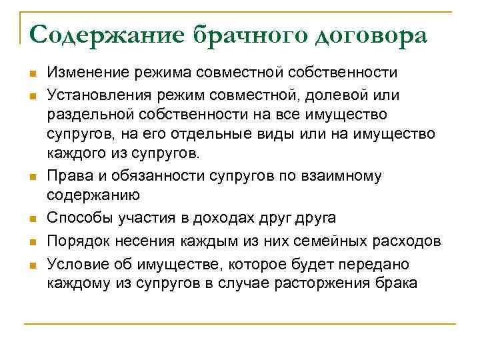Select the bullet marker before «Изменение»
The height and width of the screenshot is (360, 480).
click(x=31, y=73)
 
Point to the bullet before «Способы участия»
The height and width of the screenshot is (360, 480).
click(x=31, y=218)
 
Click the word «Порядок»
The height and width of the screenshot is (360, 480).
click(x=77, y=242)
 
